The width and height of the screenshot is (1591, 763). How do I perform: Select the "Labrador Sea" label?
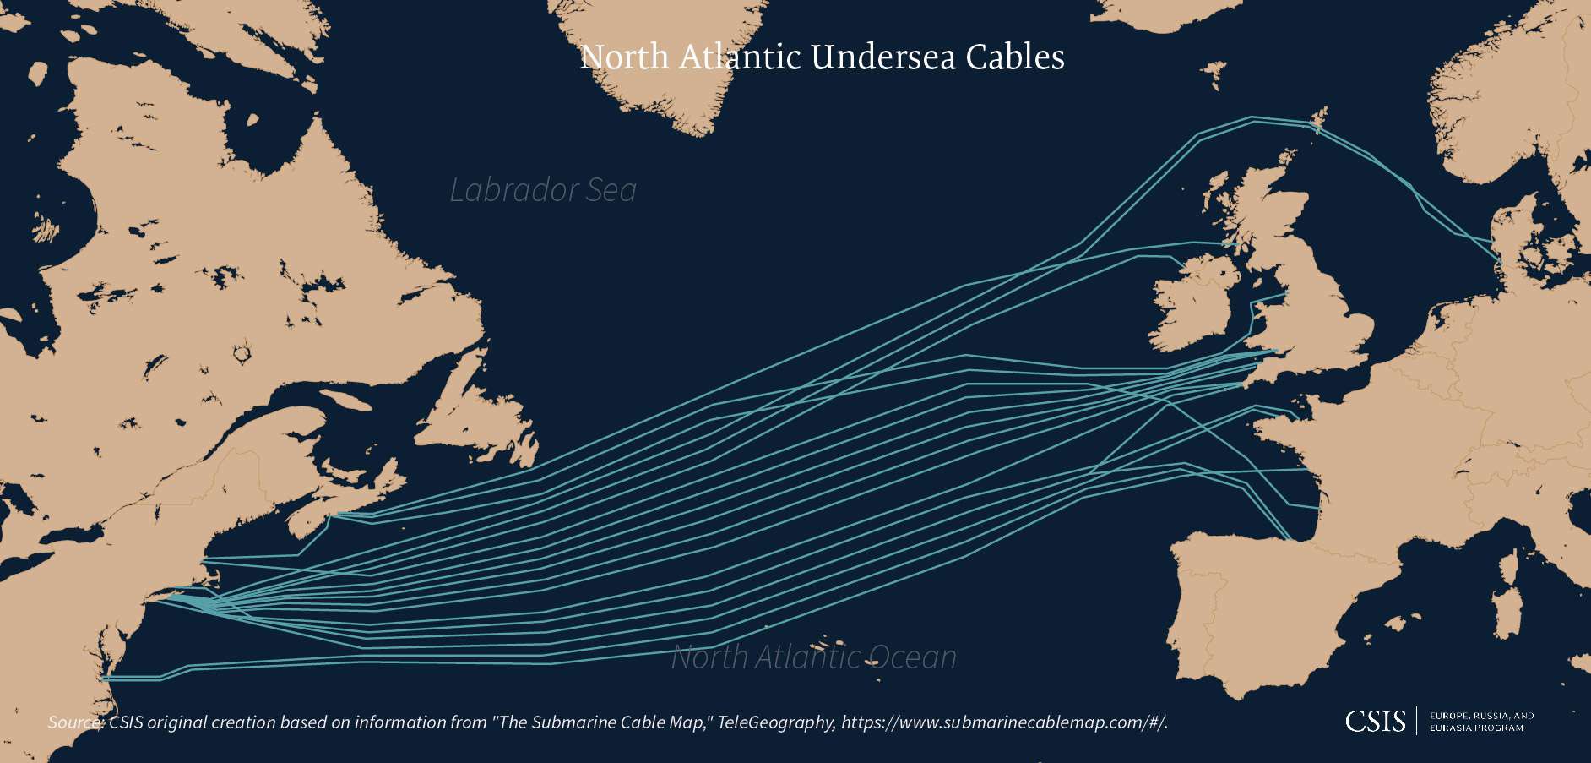543,190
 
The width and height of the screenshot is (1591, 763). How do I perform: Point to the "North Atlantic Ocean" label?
813,657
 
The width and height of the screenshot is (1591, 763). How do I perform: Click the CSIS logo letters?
1375,721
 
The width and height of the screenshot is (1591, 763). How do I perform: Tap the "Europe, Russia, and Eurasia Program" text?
1481,722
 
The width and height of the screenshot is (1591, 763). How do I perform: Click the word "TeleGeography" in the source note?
776,722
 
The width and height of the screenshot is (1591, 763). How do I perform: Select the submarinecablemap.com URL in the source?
1005,722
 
